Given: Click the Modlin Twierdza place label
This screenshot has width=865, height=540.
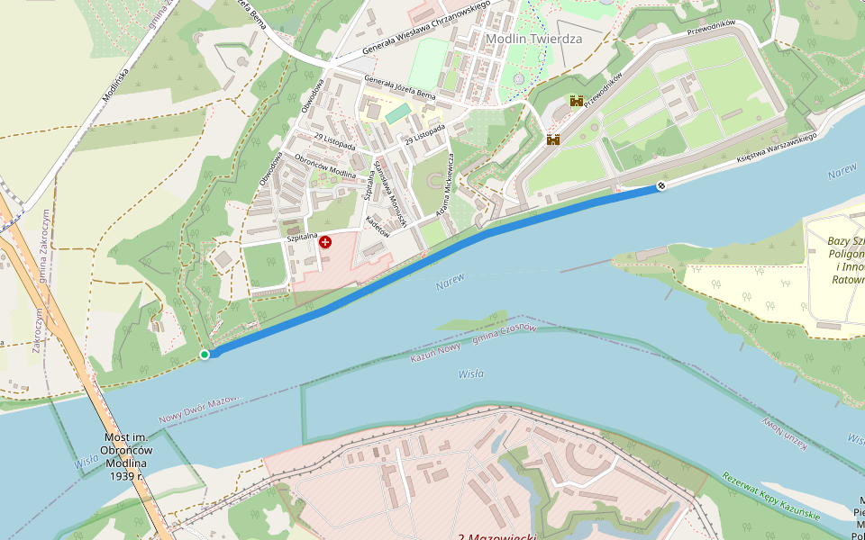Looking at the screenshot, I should (533, 39).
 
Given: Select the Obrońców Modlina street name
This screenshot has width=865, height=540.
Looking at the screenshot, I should (326, 163).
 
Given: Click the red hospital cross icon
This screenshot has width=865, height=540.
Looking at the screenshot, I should (325, 242).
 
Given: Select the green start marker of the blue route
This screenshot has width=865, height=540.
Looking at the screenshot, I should (205, 355).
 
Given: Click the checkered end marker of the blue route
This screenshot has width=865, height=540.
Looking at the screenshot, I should (662, 185).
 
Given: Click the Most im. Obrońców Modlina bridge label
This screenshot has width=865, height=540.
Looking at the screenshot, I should (126, 456).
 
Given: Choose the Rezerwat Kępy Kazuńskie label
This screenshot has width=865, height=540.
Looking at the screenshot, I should (771, 496).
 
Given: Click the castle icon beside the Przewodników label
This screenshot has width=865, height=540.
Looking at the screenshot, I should (576, 102).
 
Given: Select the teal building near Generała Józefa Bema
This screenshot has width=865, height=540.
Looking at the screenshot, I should (398, 113).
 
